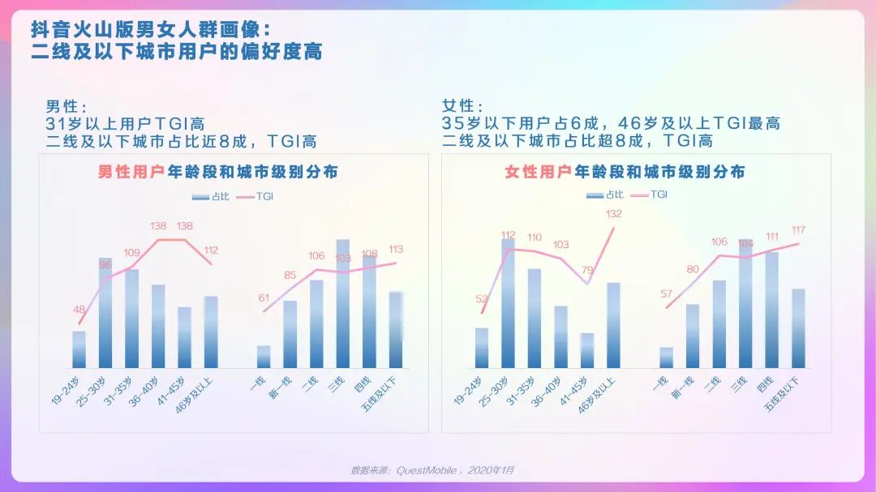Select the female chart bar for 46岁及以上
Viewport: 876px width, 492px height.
coord(613,325)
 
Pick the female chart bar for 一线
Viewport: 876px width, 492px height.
coord(666,357)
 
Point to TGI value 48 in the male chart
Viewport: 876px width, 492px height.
coord(79,309)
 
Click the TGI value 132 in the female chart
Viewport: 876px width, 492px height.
coord(614,214)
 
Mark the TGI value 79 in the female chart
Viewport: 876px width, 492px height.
coord(588,271)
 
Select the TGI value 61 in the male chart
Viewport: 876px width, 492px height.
coord(264,297)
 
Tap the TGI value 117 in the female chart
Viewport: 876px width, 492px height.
coord(798,230)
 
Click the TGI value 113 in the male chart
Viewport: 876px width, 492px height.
coord(395,249)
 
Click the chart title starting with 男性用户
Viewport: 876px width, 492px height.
coord(218,172)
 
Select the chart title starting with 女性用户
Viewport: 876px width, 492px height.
coord(625,172)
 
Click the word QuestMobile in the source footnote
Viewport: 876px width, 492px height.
coord(426,470)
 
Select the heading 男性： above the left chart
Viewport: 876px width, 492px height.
coord(66,107)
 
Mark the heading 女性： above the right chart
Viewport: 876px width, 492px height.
coord(462,107)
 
